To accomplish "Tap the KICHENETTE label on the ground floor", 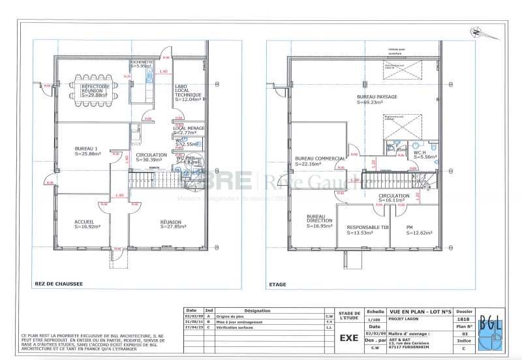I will coord(142,62).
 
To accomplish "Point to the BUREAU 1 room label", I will coord(87,149).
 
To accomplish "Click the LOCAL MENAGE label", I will coord(187,128).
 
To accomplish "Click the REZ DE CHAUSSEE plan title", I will coord(59,284).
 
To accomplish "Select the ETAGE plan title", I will coord(277,284).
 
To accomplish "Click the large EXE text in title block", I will coord(349,338).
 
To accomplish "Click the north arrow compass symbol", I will coord(478,31).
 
